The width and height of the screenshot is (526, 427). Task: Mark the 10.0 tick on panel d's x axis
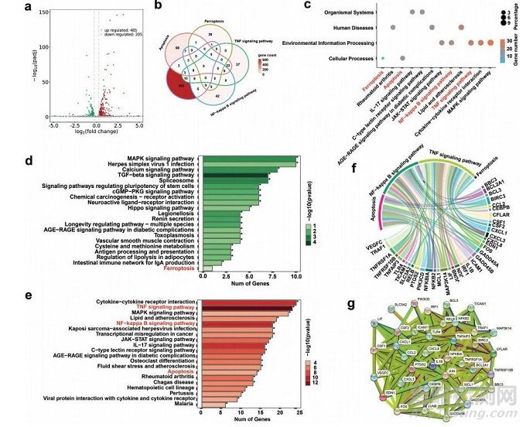pos(295,276)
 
